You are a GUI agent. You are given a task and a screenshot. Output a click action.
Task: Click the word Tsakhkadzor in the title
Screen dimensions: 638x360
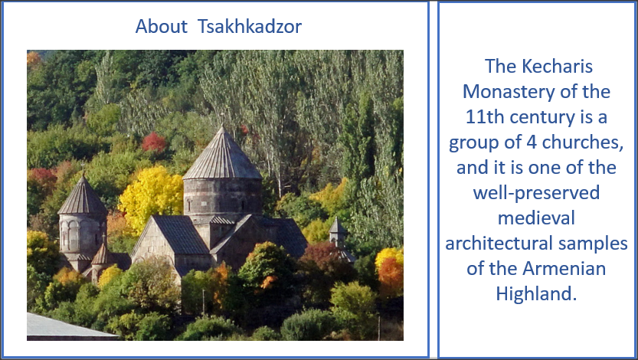pyautogui.click(x=250, y=27)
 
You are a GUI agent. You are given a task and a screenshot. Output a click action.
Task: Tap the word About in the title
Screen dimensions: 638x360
pyautogui.click(x=161, y=27)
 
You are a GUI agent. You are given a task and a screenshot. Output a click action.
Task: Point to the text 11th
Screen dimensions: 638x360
pyautogui.click(x=485, y=116)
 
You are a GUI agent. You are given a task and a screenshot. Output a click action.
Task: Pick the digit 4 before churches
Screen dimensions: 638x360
pyautogui.click(x=531, y=142)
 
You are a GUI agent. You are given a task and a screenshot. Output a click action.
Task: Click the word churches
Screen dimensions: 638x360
pyautogui.click(x=583, y=142)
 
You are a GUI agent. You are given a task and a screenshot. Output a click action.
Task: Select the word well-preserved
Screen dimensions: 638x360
pyautogui.click(x=536, y=193)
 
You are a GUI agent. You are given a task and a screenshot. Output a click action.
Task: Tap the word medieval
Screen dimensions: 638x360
pyautogui.click(x=536, y=218)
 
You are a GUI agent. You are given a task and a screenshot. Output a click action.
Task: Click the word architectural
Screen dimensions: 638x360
pyautogui.click(x=499, y=244)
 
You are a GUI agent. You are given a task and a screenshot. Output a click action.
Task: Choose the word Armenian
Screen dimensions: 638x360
pyautogui.click(x=564, y=269)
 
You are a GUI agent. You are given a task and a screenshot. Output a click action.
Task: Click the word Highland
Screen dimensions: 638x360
pyautogui.click(x=536, y=293)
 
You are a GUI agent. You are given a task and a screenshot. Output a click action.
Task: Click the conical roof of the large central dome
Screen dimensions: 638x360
pyautogui.click(x=222, y=155)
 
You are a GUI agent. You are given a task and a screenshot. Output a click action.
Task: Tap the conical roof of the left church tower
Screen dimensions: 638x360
pyautogui.click(x=83, y=198)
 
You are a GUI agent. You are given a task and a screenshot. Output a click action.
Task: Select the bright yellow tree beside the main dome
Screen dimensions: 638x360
pyautogui.click(x=152, y=199)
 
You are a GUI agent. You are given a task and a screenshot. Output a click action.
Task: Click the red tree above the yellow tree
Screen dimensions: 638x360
pyautogui.click(x=154, y=142)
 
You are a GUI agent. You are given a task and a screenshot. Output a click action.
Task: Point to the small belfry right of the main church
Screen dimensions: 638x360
pyautogui.click(x=338, y=233)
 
